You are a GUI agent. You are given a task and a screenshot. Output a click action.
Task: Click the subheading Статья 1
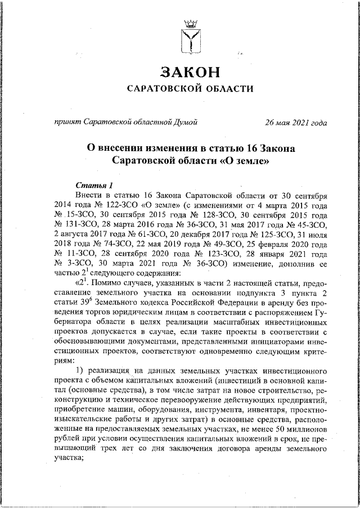click(94, 185)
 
